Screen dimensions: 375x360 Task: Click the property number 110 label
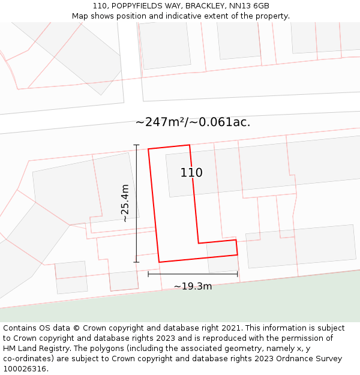point(191,173)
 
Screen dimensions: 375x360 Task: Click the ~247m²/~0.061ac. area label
point(193,122)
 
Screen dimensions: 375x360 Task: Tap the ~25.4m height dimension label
point(125,203)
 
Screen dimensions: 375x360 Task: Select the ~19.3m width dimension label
point(193,286)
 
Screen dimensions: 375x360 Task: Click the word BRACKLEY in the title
point(211,6)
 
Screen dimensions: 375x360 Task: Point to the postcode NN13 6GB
point(253,6)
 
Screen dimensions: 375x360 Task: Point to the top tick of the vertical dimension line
point(136,145)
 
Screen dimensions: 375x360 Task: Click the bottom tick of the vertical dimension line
point(136,262)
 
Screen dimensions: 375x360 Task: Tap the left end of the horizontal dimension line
point(148,274)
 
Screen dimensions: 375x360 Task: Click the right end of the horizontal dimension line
point(238,274)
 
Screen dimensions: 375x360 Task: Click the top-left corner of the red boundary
point(148,149)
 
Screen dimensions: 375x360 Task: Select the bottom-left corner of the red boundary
point(159,262)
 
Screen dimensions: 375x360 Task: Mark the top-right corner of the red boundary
point(190,145)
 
